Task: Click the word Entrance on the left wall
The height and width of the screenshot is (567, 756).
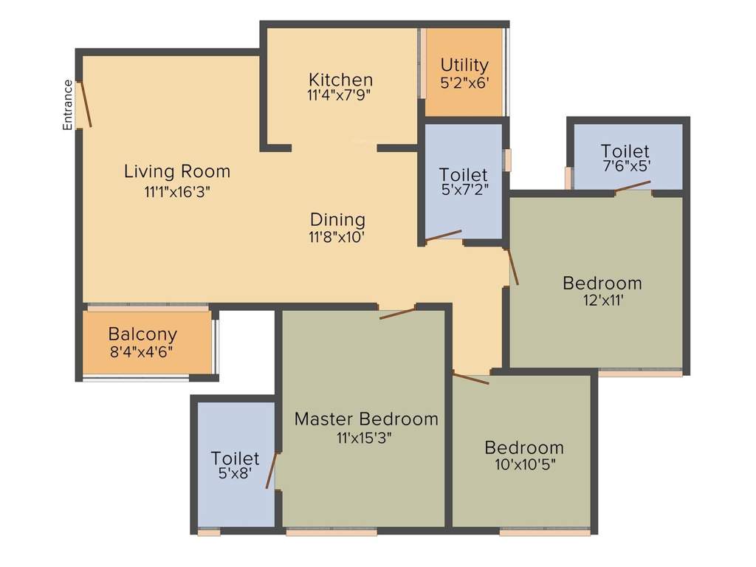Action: (68, 105)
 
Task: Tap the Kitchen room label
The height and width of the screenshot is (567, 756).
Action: (340, 80)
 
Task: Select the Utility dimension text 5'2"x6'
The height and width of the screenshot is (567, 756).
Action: (464, 83)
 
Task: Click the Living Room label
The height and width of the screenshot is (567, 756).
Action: (177, 172)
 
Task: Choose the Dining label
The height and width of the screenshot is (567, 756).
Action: (337, 219)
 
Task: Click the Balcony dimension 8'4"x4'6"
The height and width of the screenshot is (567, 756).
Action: (142, 352)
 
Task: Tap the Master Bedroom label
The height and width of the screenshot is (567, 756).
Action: (366, 419)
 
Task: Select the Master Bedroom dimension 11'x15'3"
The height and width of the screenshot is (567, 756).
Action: (363, 437)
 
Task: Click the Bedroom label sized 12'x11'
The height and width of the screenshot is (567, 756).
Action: (602, 283)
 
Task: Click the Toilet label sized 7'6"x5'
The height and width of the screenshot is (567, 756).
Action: (625, 151)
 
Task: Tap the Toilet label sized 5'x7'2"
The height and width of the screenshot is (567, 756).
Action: (463, 175)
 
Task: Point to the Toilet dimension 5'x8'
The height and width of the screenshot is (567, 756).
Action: (235, 475)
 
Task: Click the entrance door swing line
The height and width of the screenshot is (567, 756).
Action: (86, 104)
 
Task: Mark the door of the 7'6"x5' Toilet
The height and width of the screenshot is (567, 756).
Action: (632, 186)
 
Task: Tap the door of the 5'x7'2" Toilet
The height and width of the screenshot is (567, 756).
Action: (443, 236)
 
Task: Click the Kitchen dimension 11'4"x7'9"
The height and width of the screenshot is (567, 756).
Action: (338, 95)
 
